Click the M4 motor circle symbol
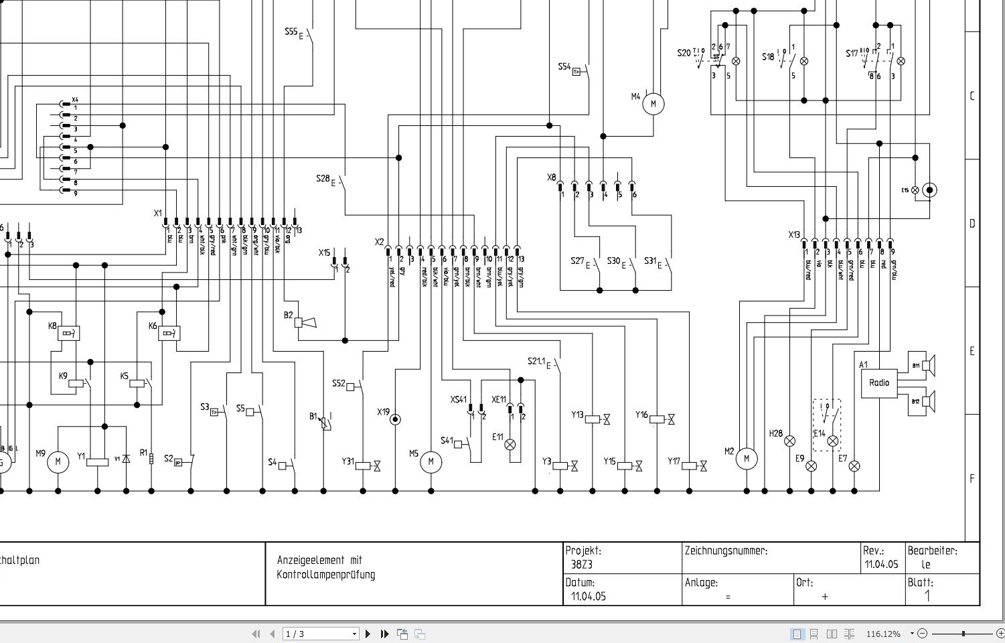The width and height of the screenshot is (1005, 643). [653, 104]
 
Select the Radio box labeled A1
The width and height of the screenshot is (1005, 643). [878, 383]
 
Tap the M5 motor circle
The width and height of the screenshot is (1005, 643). [431, 461]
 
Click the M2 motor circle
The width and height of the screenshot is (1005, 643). [747, 459]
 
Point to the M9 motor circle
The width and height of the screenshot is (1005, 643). [58, 461]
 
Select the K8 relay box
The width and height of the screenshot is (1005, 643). [68, 333]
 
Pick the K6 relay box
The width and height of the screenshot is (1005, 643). [169, 333]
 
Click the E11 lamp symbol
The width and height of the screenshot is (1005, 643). [510, 444]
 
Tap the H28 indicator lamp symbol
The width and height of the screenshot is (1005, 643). [789, 441]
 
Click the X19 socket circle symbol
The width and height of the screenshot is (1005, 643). [395, 419]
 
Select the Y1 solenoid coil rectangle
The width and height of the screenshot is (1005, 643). [98, 461]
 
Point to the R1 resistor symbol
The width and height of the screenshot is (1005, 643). [151, 459]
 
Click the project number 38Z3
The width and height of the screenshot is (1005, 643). [582, 565]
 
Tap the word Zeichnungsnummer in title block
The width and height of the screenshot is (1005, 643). [726, 551]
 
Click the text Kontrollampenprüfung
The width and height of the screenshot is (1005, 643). [326, 575]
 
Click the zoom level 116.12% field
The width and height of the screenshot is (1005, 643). [883, 634]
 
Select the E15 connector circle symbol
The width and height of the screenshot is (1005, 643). [929, 190]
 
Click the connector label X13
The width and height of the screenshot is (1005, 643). [794, 235]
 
